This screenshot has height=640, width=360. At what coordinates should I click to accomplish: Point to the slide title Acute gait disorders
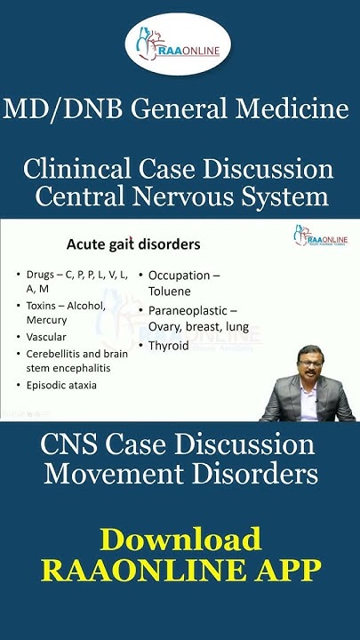tap(133, 244)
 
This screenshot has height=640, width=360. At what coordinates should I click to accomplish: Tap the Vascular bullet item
tap(56, 337)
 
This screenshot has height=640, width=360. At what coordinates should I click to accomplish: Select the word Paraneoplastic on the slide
tap(189, 310)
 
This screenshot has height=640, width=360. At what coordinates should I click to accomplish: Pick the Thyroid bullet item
tap(168, 345)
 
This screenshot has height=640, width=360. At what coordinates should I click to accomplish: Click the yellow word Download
tap(180, 540)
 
